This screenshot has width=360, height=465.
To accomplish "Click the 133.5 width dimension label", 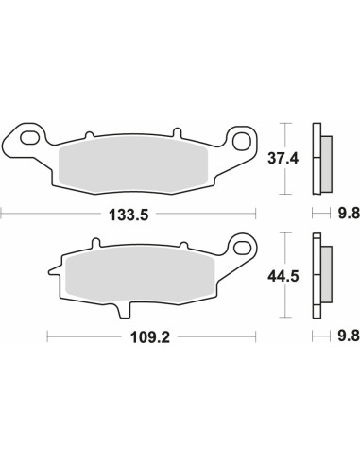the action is pyautogui.click(x=129, y=215).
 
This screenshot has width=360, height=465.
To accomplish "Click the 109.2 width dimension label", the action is pyautogui.click(x=150, y=338).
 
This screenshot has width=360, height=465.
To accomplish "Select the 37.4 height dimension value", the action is pyautogui.click(x=283, y=158).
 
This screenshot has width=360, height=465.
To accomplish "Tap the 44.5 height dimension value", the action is pyautogui.click(x=283, y=276).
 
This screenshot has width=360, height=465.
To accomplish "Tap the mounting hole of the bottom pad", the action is pyautogui.click(x=242, y=247).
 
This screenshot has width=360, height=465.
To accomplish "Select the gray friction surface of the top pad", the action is pyautogui.click(x=133, y=164).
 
